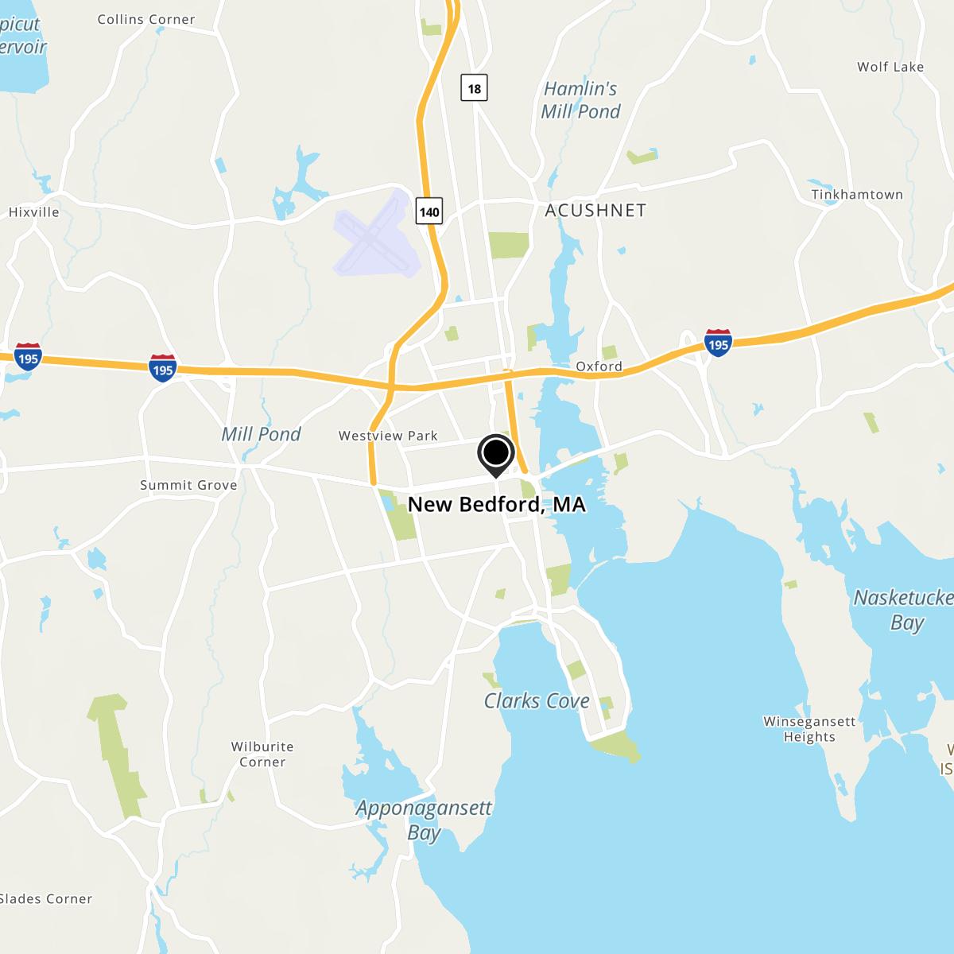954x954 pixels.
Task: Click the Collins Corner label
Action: [145, 19]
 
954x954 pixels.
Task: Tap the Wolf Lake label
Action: [890, 67]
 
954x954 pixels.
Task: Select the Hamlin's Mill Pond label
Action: [580, 100]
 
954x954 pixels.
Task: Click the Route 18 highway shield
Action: [474, 88]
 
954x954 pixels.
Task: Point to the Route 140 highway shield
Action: [429, 211]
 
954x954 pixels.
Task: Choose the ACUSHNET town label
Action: [595, 211]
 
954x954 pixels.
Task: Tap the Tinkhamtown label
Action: [857, 195]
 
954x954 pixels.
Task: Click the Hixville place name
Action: [33, 212]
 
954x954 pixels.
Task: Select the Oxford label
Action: [599, 366]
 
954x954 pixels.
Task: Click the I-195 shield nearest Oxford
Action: [717, 343]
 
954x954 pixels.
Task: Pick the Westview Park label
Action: [388, 436]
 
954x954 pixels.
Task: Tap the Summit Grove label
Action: [188, 485]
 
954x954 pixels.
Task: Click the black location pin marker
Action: [495, 454]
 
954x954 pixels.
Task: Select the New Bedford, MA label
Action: [496, 505]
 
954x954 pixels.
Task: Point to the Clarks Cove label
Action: [537, 701]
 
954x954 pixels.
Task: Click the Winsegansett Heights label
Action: [809, 729]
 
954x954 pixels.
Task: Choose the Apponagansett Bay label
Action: [424, 820]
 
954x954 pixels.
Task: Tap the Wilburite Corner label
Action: [262, 754]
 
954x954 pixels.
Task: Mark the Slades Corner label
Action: [46, 899]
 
